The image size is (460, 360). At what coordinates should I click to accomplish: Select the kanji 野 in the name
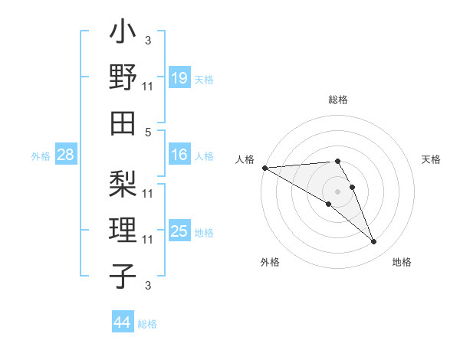123,78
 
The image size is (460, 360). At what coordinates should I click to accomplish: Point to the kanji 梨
123,183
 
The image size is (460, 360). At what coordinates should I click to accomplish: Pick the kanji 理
123,231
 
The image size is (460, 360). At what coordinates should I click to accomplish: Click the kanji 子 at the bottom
123,275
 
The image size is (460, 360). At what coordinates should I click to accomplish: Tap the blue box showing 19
179,77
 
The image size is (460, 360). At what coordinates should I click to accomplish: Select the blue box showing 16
179,155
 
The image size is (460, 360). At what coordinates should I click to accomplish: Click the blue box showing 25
179,231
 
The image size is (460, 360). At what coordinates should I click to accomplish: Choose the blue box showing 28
66,155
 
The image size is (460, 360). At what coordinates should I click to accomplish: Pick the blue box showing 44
122,322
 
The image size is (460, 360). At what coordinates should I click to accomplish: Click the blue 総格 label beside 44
147,324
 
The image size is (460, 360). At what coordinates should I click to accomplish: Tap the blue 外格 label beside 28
41,156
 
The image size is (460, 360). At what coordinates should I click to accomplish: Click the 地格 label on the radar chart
402,263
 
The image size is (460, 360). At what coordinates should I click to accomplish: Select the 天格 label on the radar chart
431,159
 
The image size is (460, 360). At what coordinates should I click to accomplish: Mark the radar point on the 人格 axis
264,167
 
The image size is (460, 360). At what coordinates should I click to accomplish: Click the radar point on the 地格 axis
374,242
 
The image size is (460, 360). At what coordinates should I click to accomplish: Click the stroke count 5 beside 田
148,132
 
